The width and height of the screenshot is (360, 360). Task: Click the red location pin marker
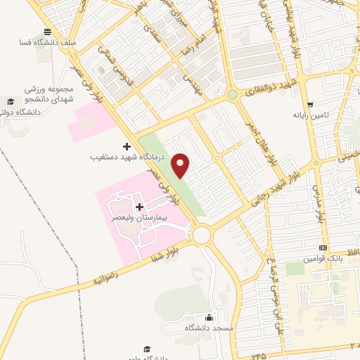[x=181, y=166]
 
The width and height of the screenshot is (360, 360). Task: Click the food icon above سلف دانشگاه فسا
[x=47, y=32]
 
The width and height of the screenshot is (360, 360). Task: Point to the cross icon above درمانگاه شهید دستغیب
[x=127, y=146]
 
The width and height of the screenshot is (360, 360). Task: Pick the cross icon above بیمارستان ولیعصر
[x=139, y=207]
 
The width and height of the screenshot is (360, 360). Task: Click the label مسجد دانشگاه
[x=209, y=329]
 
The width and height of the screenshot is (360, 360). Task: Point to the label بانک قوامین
[x=323, y=259]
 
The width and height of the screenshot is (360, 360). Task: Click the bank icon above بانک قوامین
[x=323, y=248]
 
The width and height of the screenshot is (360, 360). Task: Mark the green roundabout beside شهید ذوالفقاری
[x=232, y=94]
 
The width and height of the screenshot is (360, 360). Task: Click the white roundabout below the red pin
[x=202, y=235]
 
